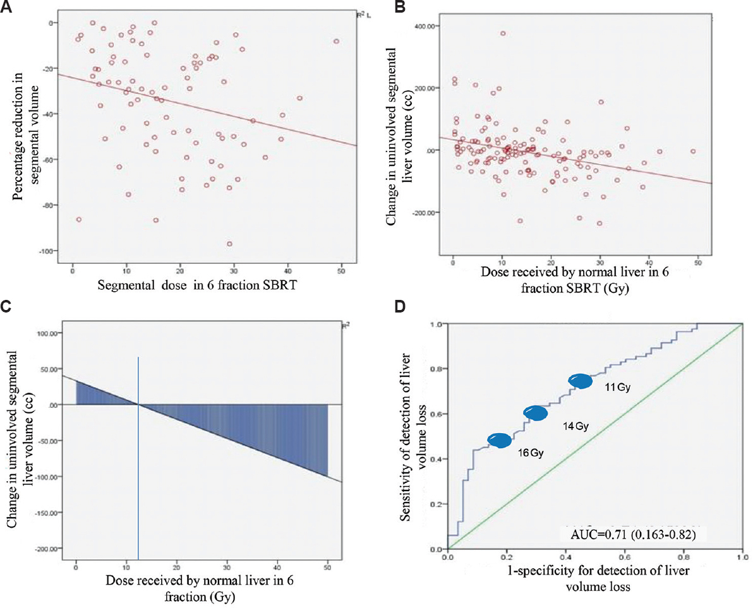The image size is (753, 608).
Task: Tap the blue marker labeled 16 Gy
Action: [x=499, y=441]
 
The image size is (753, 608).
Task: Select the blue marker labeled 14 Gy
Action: [x=536, y=413]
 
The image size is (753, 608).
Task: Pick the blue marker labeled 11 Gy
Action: [x=580, y=381]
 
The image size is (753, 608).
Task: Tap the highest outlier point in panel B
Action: [x=503, y=33]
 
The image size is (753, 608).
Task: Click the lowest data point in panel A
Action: [x=229, y=244]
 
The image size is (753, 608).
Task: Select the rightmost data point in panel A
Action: [x=336, y=41]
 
